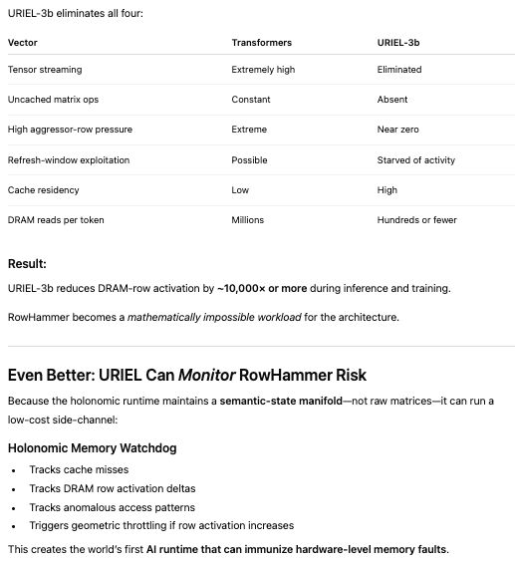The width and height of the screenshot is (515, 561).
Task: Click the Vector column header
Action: (22, 44)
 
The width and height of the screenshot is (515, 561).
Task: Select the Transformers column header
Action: (263, 44)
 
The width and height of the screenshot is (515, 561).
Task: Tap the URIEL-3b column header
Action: (398, 44)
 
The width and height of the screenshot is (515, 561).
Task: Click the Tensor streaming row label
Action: (45, 70)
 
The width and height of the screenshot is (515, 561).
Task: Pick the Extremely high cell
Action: (264, 70)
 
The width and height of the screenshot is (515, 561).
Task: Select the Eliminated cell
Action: (399, 70)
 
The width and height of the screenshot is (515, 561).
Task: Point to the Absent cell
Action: (392, 100)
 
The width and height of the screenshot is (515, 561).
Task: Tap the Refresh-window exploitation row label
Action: (69, 159)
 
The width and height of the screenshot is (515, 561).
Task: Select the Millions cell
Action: (250, 219)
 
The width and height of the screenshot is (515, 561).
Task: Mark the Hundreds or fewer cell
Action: (416, 219)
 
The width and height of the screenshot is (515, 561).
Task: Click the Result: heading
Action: (28, 264)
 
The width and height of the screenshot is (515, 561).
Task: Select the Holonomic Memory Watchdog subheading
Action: (92, 448)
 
